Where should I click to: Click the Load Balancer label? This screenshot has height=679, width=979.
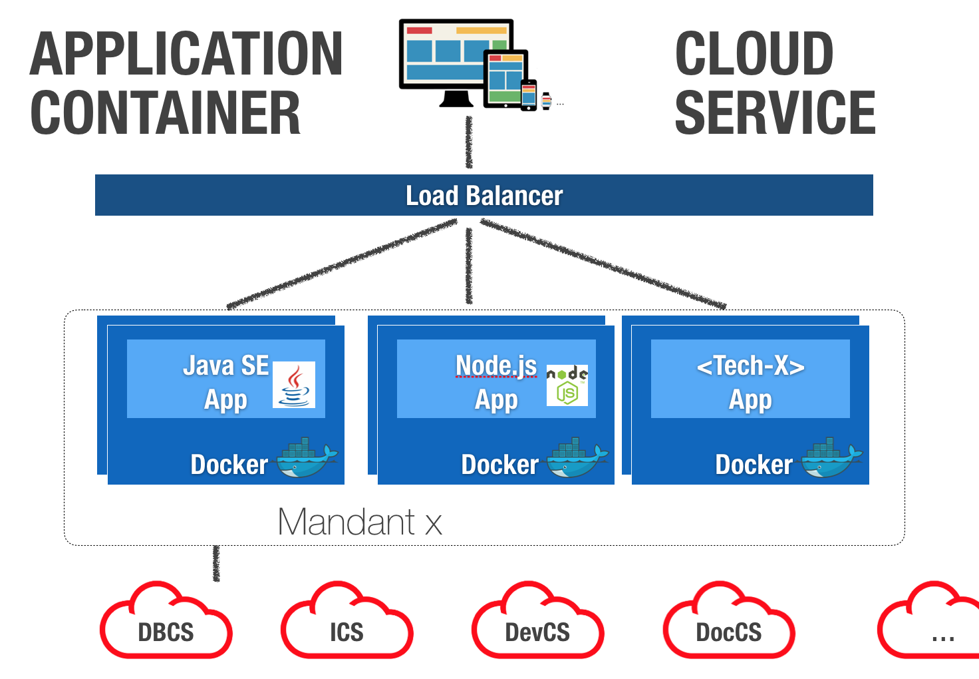[x=484, y=196]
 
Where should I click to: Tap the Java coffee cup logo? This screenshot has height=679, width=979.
[x=294, y=385]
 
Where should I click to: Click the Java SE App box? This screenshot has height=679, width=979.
[x=225, y=379]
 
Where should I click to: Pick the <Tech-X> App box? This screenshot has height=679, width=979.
[x=750, y=379]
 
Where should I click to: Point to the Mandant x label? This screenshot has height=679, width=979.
[x=359, y=522]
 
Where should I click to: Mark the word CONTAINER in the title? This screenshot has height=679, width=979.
[x=166, y=113]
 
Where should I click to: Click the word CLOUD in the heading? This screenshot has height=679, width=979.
[x=754, y=55]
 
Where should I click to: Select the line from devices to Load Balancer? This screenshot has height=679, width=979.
[x=469, y=143]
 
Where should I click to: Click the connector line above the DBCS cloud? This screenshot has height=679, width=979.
[x=216, y=563]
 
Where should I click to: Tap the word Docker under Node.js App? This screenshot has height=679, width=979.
[x=499, y=465]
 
